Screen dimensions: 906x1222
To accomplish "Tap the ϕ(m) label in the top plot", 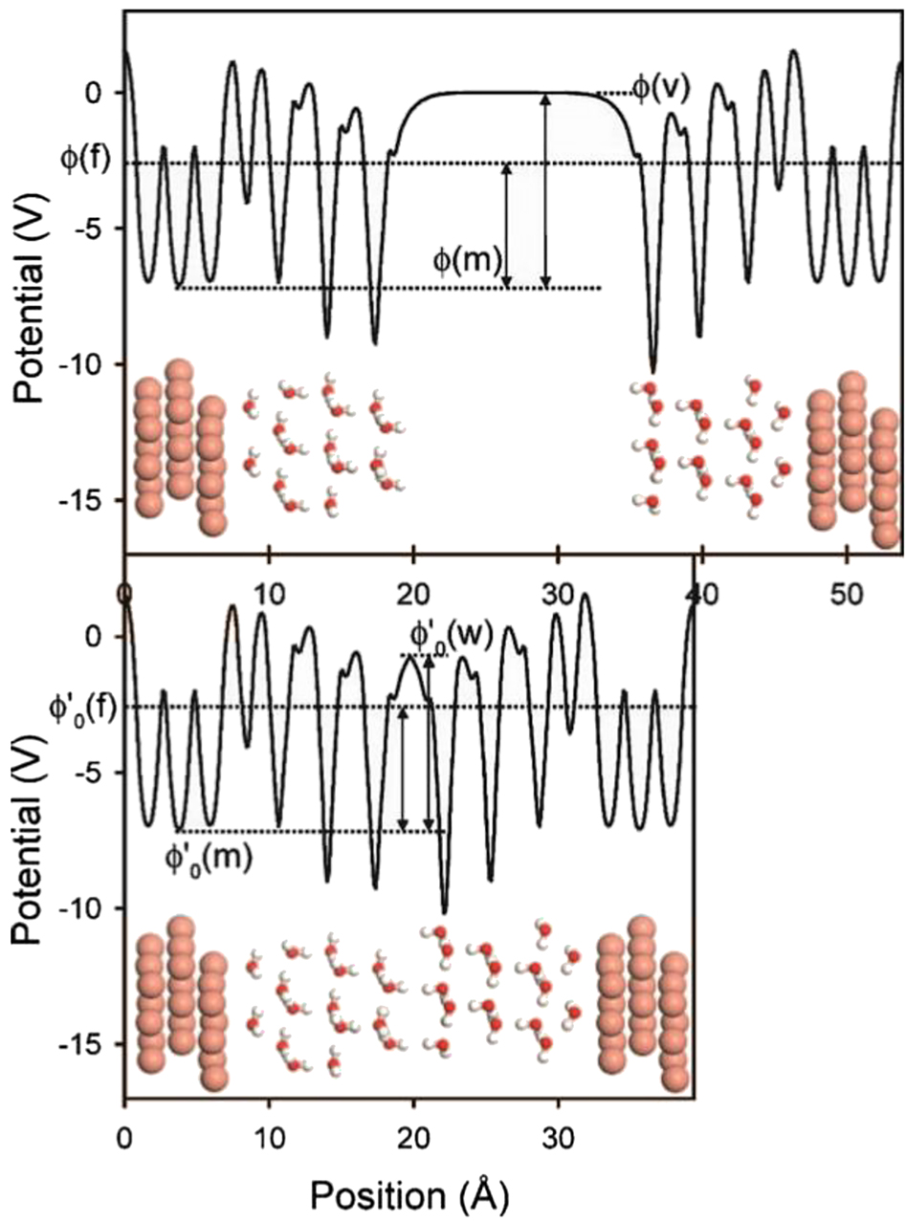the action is point(467,260).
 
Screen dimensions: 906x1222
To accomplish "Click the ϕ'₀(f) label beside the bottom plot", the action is point(82,710).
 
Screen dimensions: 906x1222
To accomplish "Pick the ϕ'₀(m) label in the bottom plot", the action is point(209,861).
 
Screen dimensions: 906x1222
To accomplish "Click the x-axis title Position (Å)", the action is point(409,1194).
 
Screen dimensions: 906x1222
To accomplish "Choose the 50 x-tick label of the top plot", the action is point(847,596).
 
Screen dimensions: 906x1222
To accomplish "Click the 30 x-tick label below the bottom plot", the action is point(558,1136).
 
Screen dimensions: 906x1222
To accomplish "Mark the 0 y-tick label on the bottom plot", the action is point(105,637).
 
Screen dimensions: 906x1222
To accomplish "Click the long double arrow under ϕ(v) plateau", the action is point(544,191).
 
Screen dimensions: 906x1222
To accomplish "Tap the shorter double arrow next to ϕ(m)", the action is point(507,226).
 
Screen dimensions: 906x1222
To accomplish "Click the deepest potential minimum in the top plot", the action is point(652,373).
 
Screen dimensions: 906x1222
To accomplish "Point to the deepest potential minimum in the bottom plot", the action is point(445,913).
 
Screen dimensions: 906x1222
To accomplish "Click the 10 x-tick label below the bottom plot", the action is point(269,1136).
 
